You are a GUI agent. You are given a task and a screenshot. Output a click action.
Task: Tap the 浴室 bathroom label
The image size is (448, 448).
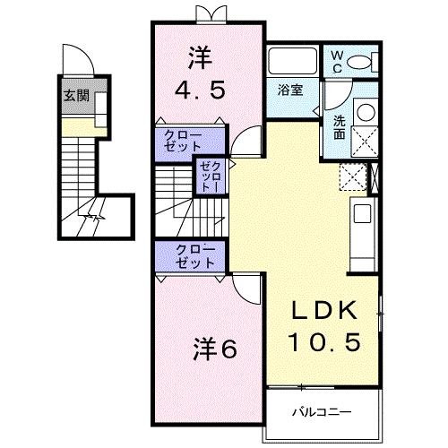tap(289, 90)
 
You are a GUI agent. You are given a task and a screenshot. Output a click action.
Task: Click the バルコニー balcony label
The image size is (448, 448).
tap(321, 412)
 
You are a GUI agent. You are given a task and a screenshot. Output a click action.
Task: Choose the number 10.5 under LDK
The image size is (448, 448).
tap(325, 341)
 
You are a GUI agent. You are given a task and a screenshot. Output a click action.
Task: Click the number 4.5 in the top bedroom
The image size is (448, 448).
tap(201, 90)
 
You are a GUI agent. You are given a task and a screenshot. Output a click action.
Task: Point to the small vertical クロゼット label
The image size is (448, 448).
tap(209, 173)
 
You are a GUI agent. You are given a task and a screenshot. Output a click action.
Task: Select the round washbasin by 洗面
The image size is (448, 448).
tap(365, 113)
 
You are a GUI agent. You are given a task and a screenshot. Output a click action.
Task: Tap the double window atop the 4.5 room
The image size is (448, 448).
tap(209, 13)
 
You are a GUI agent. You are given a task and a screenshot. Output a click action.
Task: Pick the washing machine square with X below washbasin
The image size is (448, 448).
tap(366, 141)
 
